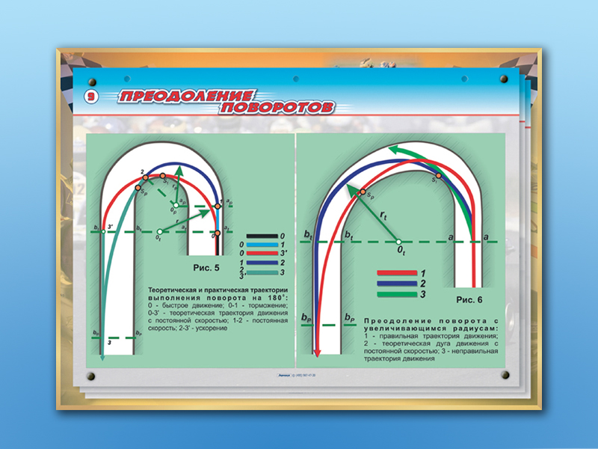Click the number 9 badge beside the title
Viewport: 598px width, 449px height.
[89, 96]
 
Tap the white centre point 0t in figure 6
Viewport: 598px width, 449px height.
[399, 242]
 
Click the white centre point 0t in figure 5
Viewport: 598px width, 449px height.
[159, 231]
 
